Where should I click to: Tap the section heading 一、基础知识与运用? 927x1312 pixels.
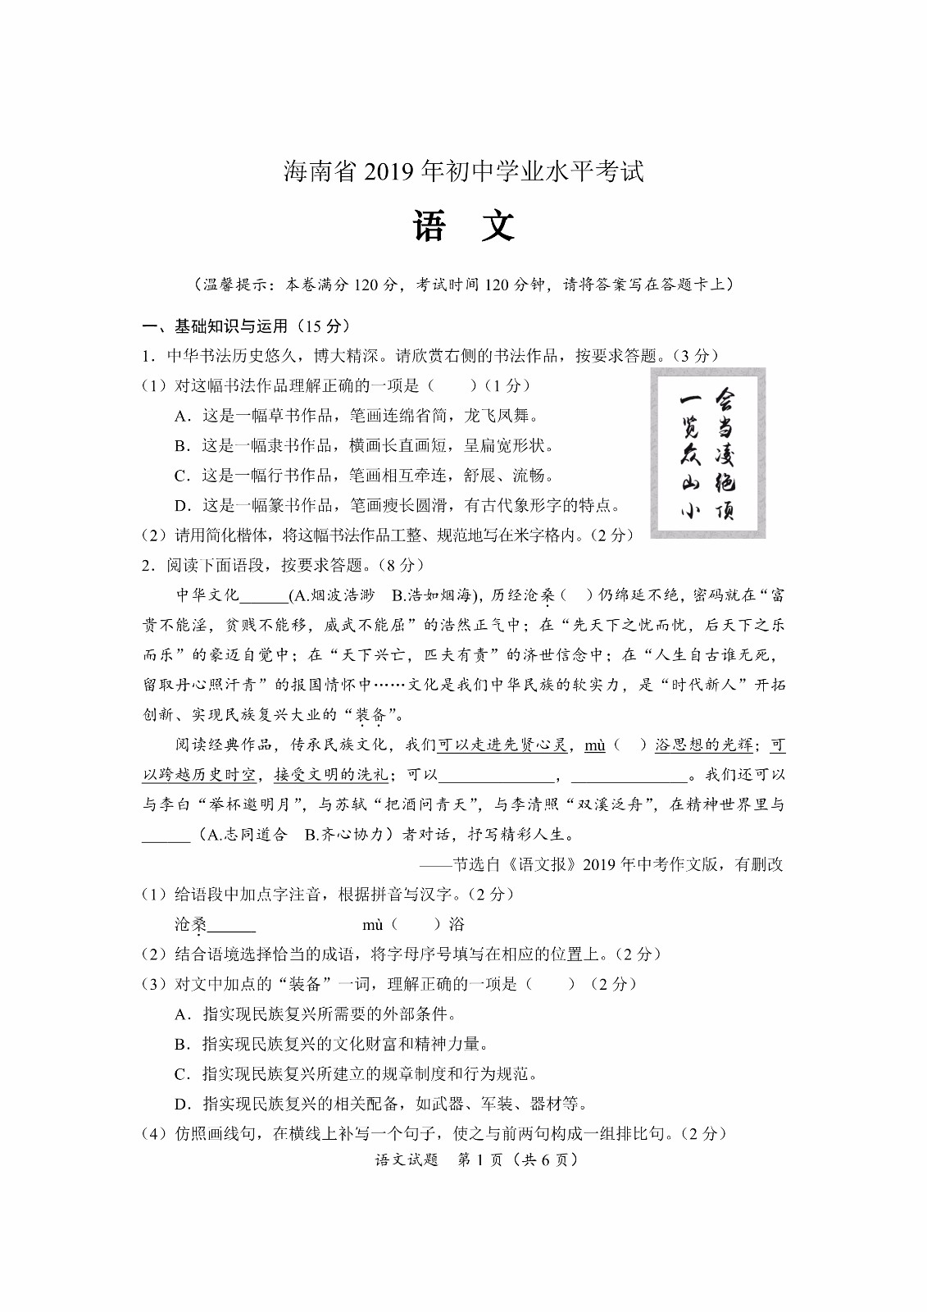[x=247, y=326]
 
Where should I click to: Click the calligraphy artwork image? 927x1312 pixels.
[x=708, y=453]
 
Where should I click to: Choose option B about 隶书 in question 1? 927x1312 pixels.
[x=364, y=446]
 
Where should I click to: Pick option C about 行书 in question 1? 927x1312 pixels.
[x=364, y=476]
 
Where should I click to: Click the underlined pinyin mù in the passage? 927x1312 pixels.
[x=594, y=745]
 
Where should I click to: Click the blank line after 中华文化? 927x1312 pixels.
[x=264, y=597]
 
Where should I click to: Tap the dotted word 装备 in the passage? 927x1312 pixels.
[x=370, y=715]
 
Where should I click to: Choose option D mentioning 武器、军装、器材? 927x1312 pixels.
[x=381, y=1104]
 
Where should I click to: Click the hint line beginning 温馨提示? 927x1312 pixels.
[x=463, y=285]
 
